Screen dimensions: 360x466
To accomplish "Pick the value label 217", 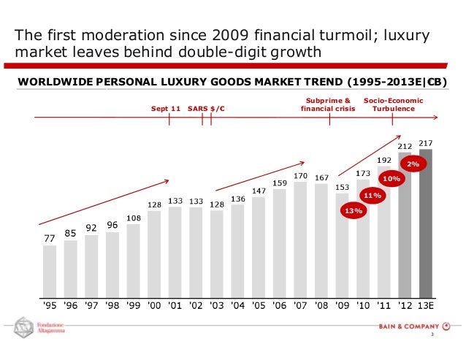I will [427, 143].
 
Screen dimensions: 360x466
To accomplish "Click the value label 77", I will [50, 238].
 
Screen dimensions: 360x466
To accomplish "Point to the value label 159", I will [279, 183].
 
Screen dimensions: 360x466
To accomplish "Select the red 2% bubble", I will [413, 164].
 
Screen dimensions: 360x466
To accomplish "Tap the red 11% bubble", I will [373, 195].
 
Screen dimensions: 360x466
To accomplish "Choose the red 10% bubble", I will [392, 178].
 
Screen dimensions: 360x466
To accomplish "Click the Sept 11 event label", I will [166, 109].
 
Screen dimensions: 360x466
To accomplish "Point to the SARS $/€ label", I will [206, 109].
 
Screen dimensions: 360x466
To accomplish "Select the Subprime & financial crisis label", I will [328, 104].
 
